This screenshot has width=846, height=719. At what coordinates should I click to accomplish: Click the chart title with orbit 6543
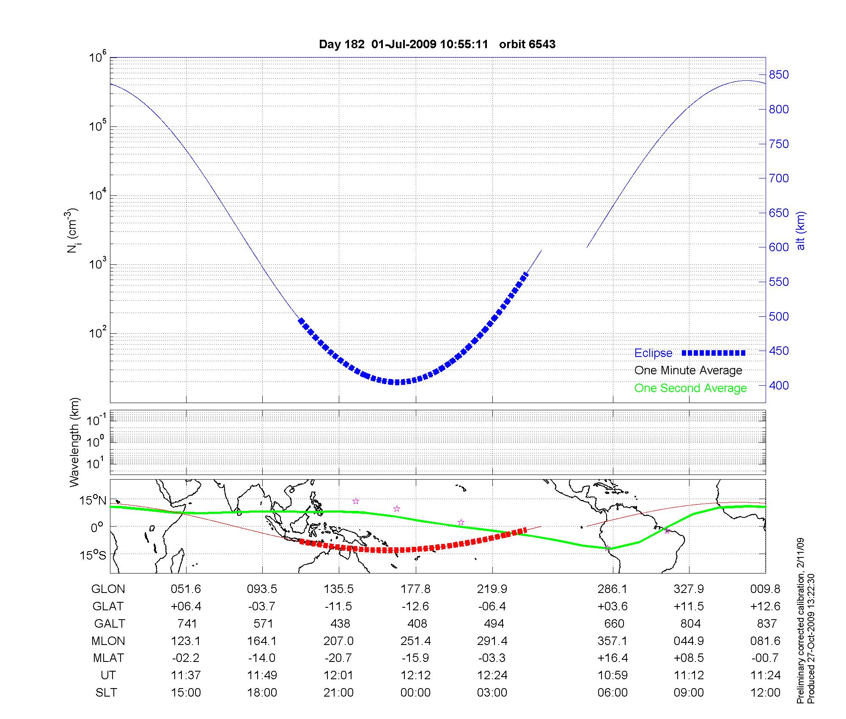[x=437, y=44]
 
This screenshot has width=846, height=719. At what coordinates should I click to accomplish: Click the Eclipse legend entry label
[x=653, y=353]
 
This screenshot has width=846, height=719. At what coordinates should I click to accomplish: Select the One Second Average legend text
[x=690, y=388]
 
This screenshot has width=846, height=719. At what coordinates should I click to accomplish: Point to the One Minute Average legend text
[x=688, y=370]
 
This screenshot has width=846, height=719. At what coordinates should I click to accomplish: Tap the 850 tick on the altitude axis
[x=779, y=75]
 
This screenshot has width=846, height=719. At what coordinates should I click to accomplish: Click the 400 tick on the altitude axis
[x=779, y=385]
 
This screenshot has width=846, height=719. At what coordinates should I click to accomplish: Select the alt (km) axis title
[x=801, y=231]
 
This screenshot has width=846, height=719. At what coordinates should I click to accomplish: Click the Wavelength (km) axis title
[x=74, y=442]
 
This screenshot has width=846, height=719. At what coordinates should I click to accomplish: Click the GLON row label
[x=108, y=589]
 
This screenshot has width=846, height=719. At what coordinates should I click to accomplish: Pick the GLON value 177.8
[x=416, y=589]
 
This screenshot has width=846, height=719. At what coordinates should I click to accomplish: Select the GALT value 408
[x=417, y=624]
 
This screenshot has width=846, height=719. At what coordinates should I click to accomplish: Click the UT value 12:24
[x=492, y=675]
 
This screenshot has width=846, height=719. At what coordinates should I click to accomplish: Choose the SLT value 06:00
[x=613, y=693]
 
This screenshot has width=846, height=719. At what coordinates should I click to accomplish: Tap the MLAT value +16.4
[x=613, y=658]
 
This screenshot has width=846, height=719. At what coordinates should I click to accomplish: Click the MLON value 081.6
[x=765, y=641]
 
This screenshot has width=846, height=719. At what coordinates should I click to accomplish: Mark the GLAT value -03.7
[x=262, y=606]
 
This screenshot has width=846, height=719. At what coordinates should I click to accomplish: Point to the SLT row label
[x=107, y=693]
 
